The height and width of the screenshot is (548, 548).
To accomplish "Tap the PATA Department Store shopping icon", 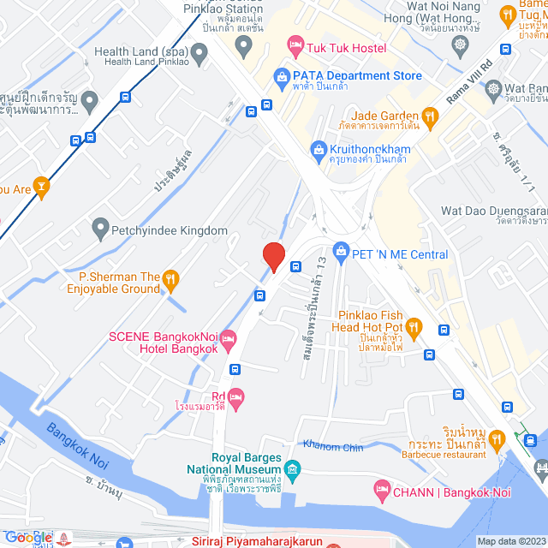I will (x=281, y=77).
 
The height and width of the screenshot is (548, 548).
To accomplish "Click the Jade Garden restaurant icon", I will (x=431, y=116).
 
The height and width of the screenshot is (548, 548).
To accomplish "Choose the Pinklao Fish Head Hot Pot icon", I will (x=414, y=325).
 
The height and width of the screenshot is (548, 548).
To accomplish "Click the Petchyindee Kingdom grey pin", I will (x=101, y=229).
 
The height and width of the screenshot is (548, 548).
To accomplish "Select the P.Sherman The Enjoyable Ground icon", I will (x=171, y=277).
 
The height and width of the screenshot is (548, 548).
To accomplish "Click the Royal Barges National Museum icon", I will (x=292, y=469).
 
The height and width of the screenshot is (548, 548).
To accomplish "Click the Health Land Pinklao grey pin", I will (x=200, y=57).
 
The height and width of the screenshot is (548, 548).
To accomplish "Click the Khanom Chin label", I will (x=333, y=447).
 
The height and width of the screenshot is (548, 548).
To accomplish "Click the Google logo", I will (x=28, y=538).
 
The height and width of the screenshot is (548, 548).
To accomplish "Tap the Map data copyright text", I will (x=510, y=541).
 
